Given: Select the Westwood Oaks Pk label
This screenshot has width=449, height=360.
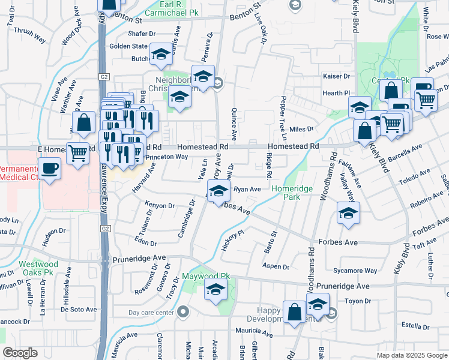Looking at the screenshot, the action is tap(38, 268).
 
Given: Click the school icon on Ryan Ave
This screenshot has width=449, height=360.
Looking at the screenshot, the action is tap(219, 191).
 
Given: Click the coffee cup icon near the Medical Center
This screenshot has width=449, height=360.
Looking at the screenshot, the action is tap(49, 168).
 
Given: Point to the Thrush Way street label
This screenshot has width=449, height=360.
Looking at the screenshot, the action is tap(29, 34).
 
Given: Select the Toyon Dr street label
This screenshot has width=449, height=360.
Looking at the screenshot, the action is tap(358, 301).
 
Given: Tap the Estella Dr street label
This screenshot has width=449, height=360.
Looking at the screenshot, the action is tap(414, 326).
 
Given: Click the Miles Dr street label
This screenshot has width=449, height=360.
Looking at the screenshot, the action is tap(301, 129).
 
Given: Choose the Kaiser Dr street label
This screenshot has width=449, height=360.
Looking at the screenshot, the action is tap(336, 76).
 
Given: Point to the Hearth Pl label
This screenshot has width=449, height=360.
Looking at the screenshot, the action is tap(337, 93).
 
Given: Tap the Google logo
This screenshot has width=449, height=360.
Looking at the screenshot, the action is tap(20, 353).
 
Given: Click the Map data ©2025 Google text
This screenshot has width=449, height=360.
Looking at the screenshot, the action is tap(411, 355).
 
